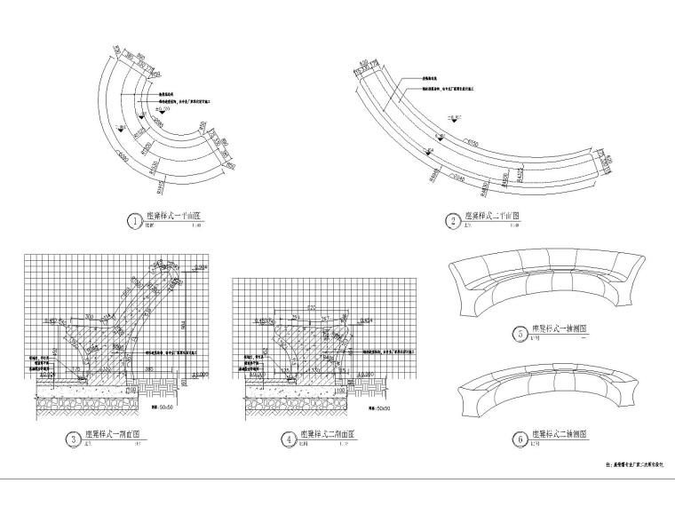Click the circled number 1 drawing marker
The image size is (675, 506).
tap(133, 220)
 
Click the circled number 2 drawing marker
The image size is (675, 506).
tap(454, 220)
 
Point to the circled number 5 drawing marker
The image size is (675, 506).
tap(520, 334)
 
